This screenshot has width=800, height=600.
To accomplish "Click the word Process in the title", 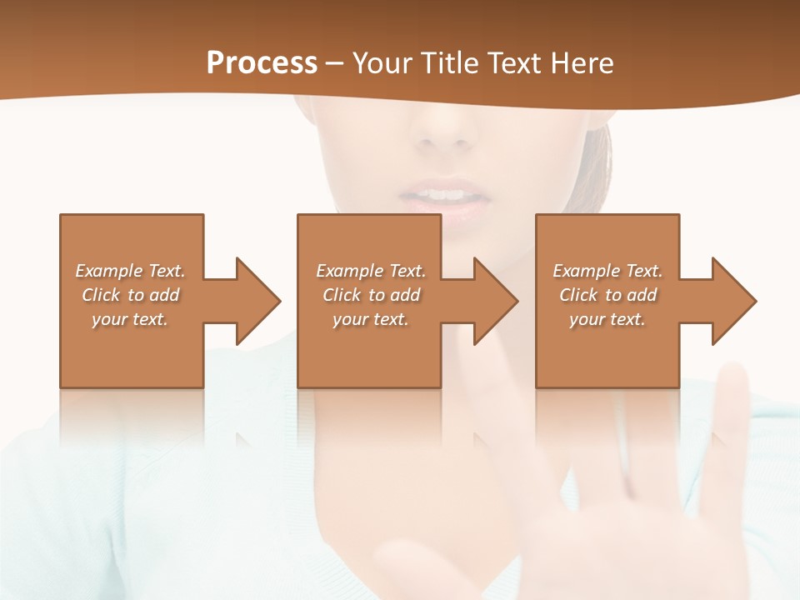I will (262, 63).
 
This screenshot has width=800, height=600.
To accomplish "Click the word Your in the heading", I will (382, 63).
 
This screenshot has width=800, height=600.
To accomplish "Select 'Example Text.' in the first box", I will (130, 271).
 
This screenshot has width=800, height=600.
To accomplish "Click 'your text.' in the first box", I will (130, 319).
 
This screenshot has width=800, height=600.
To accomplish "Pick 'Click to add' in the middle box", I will (371, 295).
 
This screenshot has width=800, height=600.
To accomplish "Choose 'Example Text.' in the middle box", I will (371, 271).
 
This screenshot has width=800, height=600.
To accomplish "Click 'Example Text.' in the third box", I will (607, 271).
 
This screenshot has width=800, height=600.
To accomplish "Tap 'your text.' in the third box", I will (607, 319).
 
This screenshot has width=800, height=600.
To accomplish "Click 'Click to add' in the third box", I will (607, 295).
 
